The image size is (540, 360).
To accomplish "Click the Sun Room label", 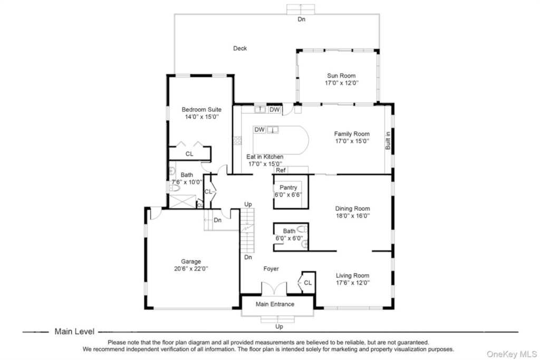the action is coord(341,76).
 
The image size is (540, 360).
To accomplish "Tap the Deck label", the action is coord(240,48).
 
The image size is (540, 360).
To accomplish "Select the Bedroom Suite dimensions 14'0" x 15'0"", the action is coord(202,117).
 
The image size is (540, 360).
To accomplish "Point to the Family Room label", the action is coord(352,134).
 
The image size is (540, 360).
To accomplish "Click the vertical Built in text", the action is coord(388,140).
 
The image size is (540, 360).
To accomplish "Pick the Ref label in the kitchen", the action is coord(281,170).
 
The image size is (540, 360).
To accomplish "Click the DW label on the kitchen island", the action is coord(259,130).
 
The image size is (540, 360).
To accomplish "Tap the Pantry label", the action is coord(288,188).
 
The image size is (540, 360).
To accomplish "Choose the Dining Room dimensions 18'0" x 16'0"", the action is coord(353,216).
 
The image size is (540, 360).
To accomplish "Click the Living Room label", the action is coord(352,275).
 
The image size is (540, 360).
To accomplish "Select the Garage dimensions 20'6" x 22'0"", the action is coord(191,269).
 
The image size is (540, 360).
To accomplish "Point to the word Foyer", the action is coord(271,269).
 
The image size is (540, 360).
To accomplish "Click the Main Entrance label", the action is coord(275,304).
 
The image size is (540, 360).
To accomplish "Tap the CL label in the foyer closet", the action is coord(307,283).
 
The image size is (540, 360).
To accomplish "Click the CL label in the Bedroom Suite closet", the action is coord(189,154).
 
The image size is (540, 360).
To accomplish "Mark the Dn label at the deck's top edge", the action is coord(301,20).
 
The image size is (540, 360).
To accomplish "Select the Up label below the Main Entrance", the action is coord(279,327).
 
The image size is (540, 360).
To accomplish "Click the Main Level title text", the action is coord(74,332).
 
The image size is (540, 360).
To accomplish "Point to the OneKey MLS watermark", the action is coord(512,354).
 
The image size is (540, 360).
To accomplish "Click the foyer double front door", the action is coord(274,288).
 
